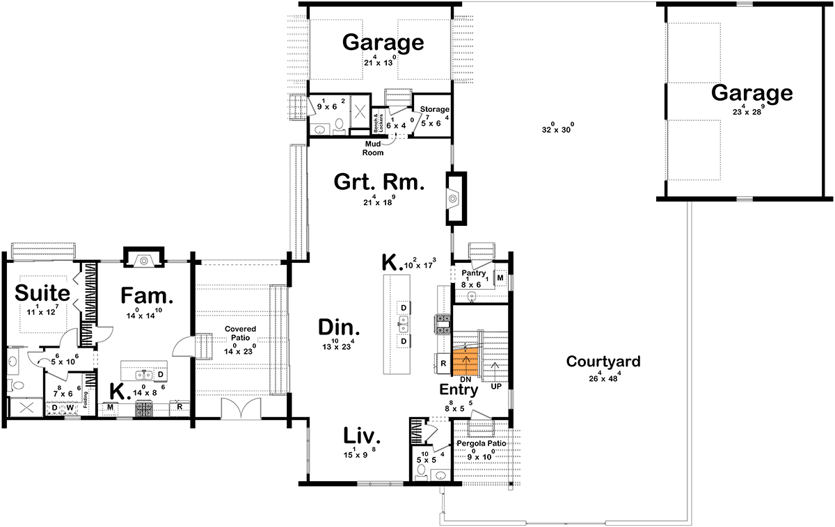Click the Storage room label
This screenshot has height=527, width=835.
435,109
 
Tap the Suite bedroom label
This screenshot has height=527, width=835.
42,291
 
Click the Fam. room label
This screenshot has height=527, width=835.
147,295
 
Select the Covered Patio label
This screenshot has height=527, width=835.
239,333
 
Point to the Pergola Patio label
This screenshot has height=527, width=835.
480,443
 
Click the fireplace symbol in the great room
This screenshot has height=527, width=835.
452,199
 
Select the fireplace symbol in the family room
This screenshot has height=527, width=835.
143,260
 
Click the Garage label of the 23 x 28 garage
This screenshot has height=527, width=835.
751,92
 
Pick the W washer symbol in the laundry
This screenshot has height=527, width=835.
70,407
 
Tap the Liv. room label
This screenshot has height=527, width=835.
363,437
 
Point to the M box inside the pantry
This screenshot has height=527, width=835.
500,278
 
